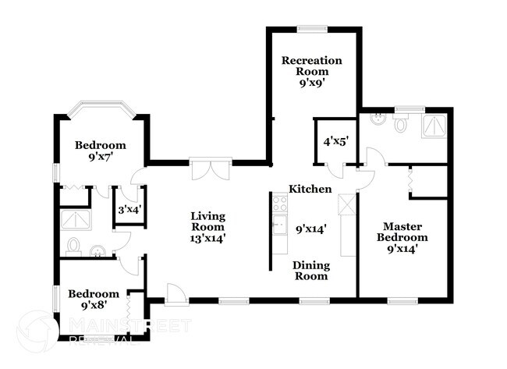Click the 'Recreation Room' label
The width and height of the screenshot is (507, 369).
click(x=313, y=61)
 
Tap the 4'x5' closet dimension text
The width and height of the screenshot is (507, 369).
click(x=335, y=141)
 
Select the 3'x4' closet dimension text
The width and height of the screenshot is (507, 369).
click(x=128, y=209)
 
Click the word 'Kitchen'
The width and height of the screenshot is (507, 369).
click(x=310, y=189)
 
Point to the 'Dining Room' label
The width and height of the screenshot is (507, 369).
click(x=310, y=271)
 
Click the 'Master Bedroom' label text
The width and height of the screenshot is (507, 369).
click(x=402, y=232)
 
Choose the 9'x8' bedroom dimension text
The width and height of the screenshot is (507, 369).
click(x=93, y=307)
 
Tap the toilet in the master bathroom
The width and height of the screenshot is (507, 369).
click(x=402, y=124)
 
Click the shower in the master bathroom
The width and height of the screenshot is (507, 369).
click(x=434, y=125)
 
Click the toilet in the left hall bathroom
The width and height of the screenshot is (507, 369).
click(x=72, y=247)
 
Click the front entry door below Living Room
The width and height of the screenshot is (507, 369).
click(x=175, y=295)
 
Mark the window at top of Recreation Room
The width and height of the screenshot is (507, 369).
click(x=312, y=30)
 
